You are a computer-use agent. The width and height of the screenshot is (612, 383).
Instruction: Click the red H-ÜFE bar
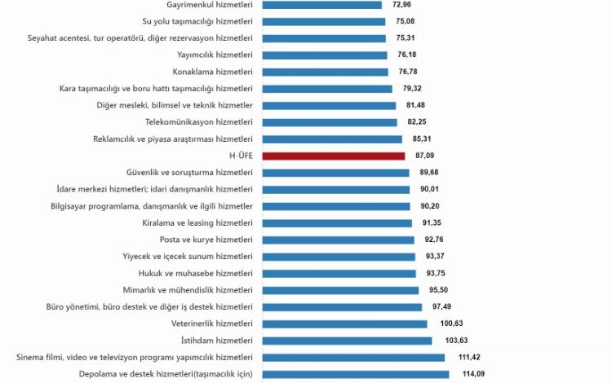(333, 156)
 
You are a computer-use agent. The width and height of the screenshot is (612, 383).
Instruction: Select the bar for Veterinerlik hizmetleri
(344, 324)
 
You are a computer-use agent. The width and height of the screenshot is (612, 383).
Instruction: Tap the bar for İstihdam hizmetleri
(347, 341)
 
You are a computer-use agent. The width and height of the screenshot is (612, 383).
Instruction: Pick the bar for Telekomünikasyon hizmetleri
(330, 122)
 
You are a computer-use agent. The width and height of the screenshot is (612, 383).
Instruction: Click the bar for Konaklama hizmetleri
(326, 72)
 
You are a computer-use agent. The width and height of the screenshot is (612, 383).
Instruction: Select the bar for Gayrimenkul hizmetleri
(322, 5)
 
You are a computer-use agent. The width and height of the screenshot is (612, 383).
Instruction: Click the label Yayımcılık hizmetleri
(215, 55)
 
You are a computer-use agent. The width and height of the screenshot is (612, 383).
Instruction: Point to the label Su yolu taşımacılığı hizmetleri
(197, 21)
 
